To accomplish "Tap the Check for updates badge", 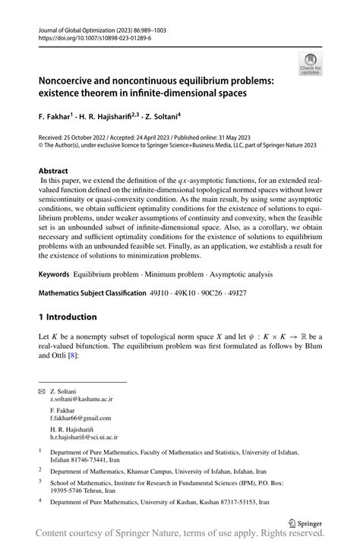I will point(310,64).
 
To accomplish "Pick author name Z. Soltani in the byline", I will point(204,117).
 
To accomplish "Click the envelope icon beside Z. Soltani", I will point(42,391).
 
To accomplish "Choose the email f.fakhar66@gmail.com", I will point(79,418).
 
